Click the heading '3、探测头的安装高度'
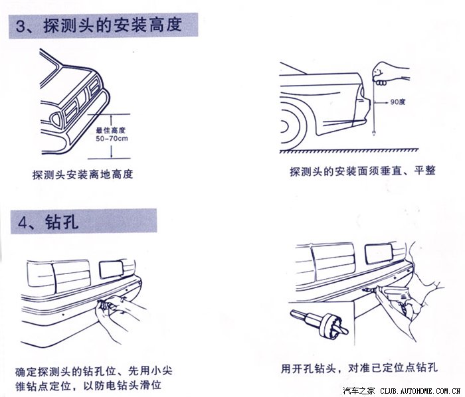click(x=99, y=25)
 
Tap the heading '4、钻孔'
click(x=48, y=221)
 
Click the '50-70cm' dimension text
click(x=112, y=138)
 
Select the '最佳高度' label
click(x=111, y=130)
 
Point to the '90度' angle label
click(x=398, y=102)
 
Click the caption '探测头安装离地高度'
click(x=82, y=175)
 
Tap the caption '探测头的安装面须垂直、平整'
click(x=363, y=171)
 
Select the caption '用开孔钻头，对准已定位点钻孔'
click(x=359, y=368)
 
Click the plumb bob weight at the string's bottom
click(x=374, y=133)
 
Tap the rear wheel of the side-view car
click(x=293, y=127)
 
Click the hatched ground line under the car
click(x=349, y=151)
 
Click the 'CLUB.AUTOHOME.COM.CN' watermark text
click(x=420, y=391)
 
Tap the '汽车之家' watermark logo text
click(x=359, y=391)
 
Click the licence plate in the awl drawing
click(x=111, y=269)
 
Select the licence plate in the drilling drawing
click(x=379, y=254)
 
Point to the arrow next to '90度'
click(x=381, y=102)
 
